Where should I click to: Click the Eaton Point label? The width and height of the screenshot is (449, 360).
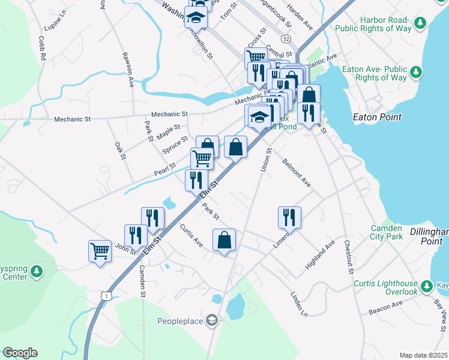pyautogui.click(x=377, y=117)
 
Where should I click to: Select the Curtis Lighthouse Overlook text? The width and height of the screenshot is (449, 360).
pyautogui.click(x=385, y=287)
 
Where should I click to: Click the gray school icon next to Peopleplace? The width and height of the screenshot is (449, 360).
pyautogui.click(x=211, y=319)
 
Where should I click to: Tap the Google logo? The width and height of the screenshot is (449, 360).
pyautogui.click(x=20, y=353)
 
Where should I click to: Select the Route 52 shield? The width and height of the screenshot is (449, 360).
pyautogui.click(x=288, y=38)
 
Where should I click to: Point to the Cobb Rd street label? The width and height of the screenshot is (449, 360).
pyautogui.click(x=42, y=48)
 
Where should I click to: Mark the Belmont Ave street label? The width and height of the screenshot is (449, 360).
pyautogui.click(x=296, y=172)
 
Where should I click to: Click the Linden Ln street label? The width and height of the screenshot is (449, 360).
pyautogui.click(x=298, y=304)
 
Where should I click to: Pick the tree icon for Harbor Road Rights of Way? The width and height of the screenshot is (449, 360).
pyautogui.click(x=421, y=22)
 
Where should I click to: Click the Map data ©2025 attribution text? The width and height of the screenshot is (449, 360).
pyautogui.click(x=423, y=355)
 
